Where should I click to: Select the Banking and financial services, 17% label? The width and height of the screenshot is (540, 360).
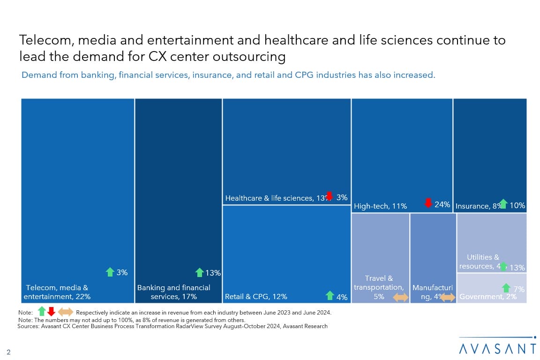click(173, 292)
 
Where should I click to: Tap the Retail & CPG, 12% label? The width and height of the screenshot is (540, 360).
click(256, 296)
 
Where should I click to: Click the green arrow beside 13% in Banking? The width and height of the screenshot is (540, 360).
click(199, 272)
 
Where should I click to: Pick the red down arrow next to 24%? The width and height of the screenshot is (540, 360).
click(428, 203)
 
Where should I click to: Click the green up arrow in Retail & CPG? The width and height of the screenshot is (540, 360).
click(330, 295)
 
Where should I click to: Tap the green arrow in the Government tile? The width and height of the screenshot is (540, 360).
click(506, 288)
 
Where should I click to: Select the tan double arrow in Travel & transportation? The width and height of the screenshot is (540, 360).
click(400, 297)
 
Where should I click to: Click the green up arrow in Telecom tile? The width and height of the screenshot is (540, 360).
click(110, 272)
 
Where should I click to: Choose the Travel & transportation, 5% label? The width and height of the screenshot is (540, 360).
click(379, 287)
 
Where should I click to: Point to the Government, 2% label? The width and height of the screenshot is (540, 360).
click(481, 297)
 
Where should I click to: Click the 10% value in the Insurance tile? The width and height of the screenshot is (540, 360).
click(517, 205)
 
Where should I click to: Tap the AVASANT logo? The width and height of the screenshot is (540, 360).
click(497, 348)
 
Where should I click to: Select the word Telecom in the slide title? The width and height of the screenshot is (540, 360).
click(45, 40)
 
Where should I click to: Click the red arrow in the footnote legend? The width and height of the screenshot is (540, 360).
click(51, 311)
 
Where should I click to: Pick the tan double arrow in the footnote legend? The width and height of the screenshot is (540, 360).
click(66, 312)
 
